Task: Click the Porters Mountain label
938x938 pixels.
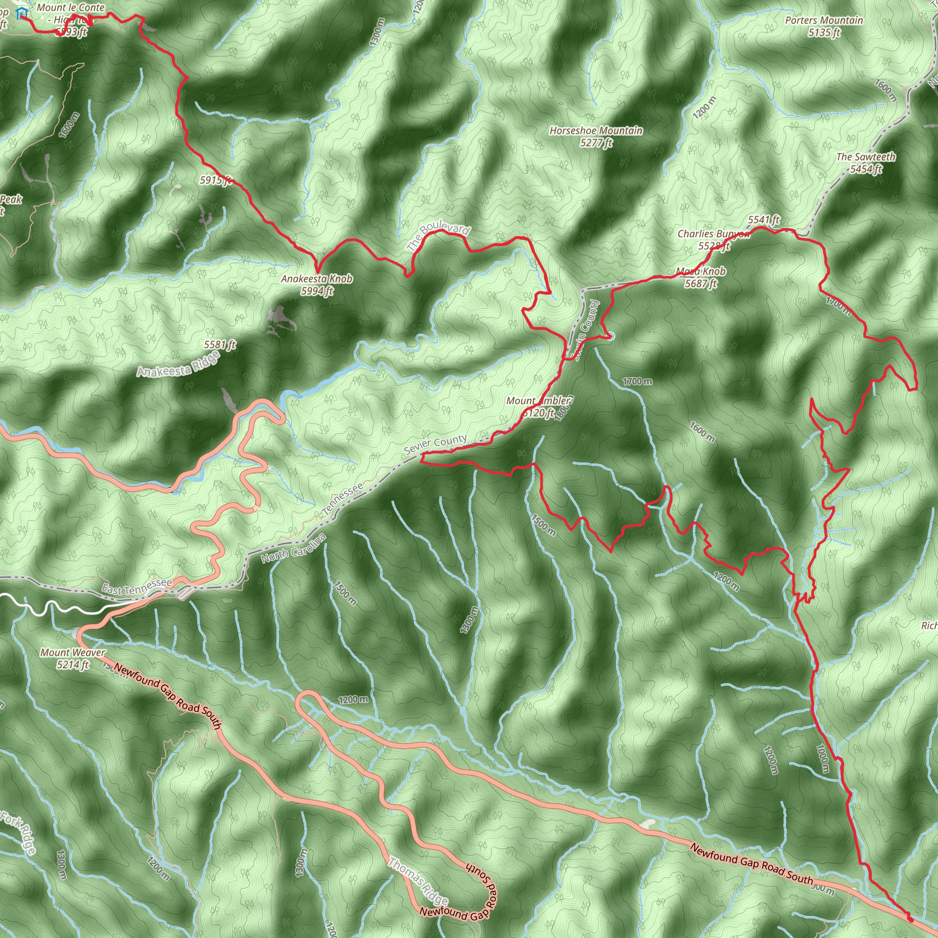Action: tap(824, 26)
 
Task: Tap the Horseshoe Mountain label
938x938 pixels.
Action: tap(596, 136)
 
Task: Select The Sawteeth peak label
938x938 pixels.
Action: tap(866, 162)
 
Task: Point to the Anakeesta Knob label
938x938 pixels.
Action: tap(316, 284)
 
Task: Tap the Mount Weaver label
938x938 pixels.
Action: tap(72, 658)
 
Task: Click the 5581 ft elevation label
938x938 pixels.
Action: tap(219, 345)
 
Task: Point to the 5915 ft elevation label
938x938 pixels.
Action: tap(216, 180)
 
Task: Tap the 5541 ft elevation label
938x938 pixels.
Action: tap(763, 220)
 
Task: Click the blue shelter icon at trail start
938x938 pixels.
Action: tap(21, 13)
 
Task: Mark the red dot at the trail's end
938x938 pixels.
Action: tap(910, 919)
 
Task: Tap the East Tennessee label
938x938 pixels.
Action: tap(136, 587)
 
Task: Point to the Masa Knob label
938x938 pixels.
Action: tap(701, 277)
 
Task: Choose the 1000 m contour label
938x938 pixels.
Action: tap(823, 759)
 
